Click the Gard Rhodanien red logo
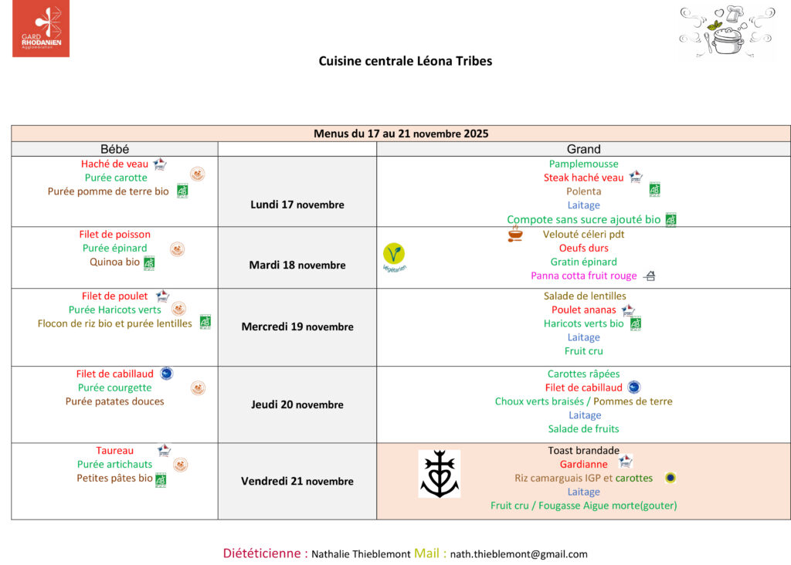[41, 29]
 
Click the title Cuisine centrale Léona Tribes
[405, 61]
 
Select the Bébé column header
[114, 149]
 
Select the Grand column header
[584, 149]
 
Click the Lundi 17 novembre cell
[297, 205]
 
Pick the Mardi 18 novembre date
[297, 265]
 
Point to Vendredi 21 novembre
[297, 482]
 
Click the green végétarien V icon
[394, 253]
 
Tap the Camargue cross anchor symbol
[440, 474]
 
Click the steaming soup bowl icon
[515, 234]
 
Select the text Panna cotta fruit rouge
[584, 276]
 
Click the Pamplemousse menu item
[584, 164]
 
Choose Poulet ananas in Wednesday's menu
[584, 310]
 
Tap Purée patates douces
[114, 401]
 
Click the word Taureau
[114, 451]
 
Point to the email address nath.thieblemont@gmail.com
[518, 554]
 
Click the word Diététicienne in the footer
[262, 553]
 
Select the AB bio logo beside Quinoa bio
[149, 263]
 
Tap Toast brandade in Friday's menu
[584, 451]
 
